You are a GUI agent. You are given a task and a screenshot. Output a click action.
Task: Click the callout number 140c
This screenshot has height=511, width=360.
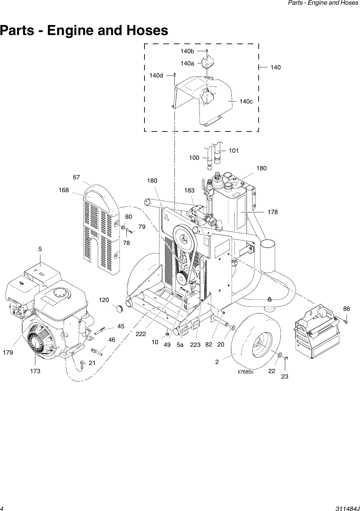click(x=246, y=101)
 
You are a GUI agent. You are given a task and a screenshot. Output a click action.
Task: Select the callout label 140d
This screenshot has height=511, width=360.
click(x=156, y=76)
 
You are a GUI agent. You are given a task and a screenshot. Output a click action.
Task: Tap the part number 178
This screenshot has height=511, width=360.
click(x=272, y=212)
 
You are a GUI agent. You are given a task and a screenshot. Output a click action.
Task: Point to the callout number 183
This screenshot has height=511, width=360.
click(x=189, y=190)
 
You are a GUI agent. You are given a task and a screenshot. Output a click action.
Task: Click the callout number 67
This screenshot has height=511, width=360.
click(x=77, y=177)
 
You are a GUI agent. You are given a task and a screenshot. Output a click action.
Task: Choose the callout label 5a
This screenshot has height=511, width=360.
click(x=180, y=344)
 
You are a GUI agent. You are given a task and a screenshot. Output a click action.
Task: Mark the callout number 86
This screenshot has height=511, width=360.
click(x=347, y=308)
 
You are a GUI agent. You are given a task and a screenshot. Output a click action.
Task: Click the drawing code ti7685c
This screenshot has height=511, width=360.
click(x=246, y=372)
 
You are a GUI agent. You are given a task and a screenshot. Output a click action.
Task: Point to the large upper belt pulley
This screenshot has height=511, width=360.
click(x=184, y=239)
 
